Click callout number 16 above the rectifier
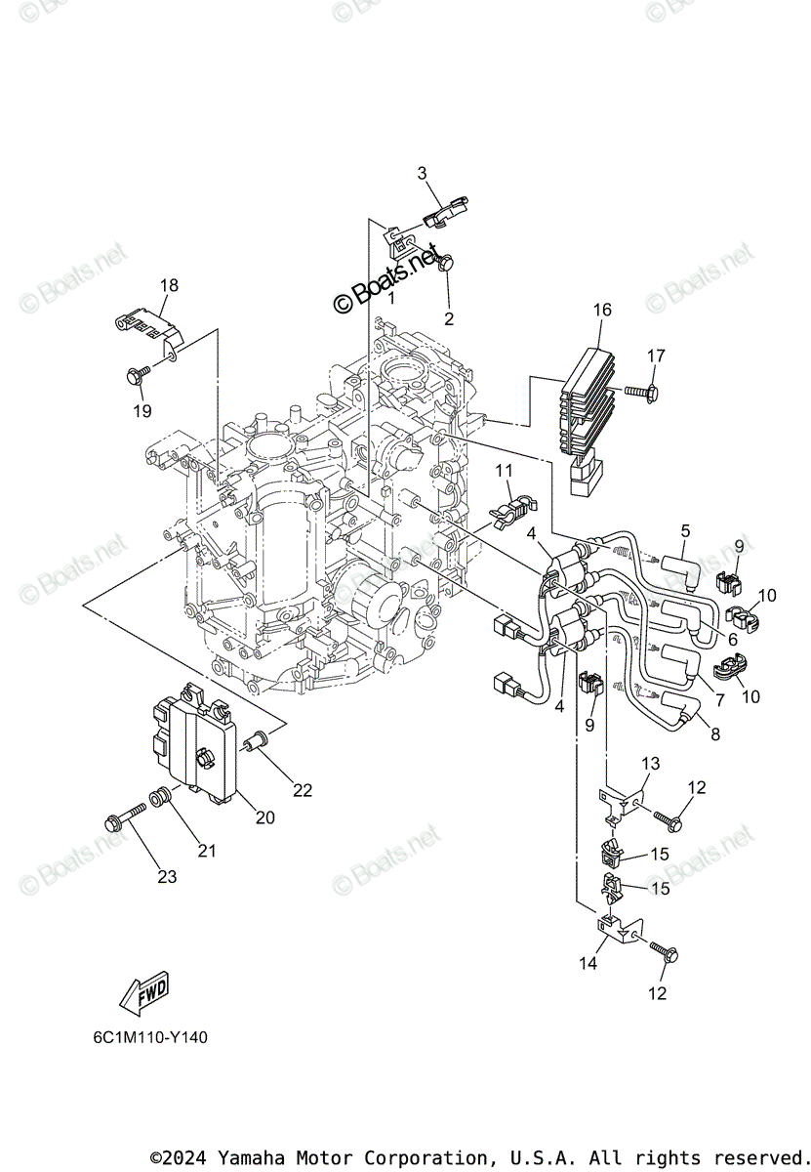point(601,310)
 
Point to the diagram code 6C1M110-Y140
point(144,1037)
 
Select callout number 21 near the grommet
point(207,851)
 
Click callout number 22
point(303,790)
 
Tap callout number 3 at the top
point(423,173)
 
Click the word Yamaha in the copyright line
point(247,1157)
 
